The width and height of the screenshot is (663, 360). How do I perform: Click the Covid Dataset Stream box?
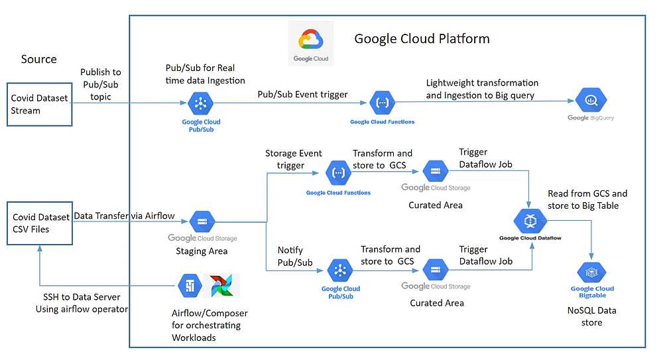[39, 104]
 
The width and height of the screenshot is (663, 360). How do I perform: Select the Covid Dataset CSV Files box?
[39, 223]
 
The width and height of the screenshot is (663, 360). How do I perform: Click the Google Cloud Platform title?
[422, 38]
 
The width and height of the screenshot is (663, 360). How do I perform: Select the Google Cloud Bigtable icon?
[591, 272]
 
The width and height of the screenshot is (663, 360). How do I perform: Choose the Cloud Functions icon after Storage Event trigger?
[337, 174]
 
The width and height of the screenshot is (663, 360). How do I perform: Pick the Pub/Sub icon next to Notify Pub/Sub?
[341, 270]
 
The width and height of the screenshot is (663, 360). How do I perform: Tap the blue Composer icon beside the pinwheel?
[188, 286]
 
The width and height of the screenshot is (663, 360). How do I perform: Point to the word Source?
[39, 59]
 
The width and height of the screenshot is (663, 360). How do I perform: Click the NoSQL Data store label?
[591, 316]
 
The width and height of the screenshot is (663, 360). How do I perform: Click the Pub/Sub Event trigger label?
[302, 94]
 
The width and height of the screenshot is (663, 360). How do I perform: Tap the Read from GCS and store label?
[587, 200]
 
